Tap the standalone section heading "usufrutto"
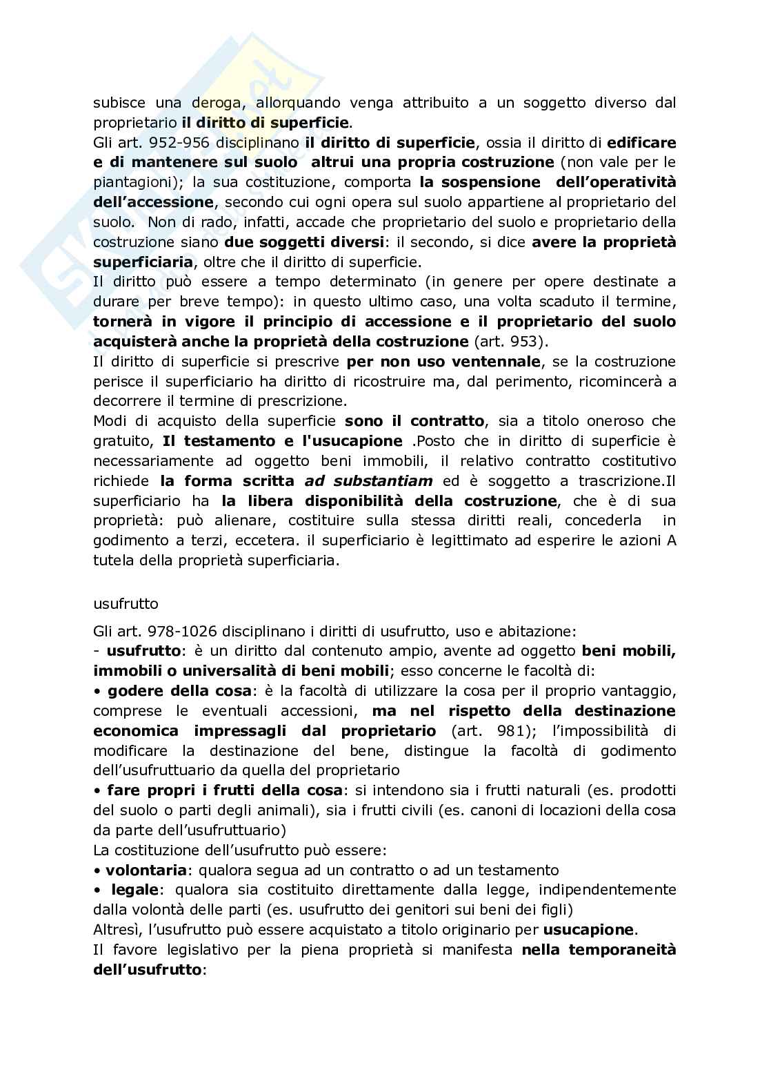click(x=126, y=603)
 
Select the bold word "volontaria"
click(x=146, y=870)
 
